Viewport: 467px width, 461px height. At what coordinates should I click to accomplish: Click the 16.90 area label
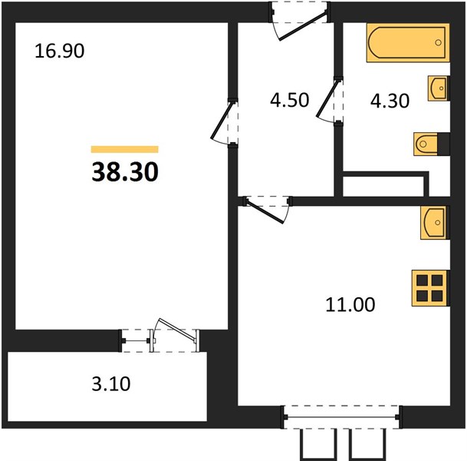[x=60, y=51]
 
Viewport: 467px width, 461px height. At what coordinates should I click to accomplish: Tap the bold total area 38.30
[x=125, y=172]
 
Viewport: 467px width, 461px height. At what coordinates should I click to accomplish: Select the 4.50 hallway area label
[x=290, y=100]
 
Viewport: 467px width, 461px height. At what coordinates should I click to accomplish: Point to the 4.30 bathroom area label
[x=390, y=101]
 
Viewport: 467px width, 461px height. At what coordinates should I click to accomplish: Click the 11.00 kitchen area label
[x=350, y=305]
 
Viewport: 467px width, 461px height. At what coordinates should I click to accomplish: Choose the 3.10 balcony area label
[x=111, y=383]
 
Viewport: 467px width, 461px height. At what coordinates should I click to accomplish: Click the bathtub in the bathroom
[x=408, y=43]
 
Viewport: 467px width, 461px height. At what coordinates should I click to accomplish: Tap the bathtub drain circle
[x=438, y=43]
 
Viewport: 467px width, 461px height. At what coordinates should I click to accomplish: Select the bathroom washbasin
[x=438, y=88]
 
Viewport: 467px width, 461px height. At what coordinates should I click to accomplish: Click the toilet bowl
[x=426, y=144]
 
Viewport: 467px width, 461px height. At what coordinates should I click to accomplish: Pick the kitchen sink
[x=435, y=223]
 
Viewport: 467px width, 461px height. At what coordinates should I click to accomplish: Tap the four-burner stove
[x=429, y=288]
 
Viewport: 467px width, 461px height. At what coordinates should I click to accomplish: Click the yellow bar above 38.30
[x=125, y=149]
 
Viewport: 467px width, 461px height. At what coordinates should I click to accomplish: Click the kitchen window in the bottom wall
[x=341, y=417]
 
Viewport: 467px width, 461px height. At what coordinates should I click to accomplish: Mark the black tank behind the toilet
[x=443, y=144]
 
